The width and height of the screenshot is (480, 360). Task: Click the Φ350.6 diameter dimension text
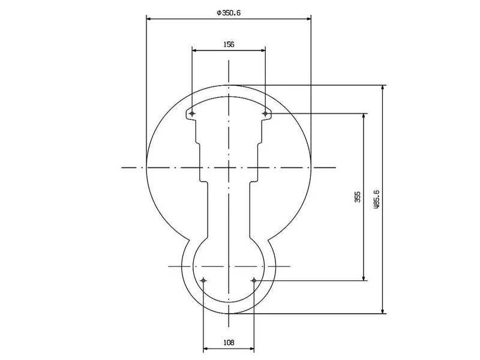[x=229, y=12]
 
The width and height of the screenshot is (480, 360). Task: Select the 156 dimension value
[x=229, y=44]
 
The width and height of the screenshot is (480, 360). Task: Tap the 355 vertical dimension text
[x=357, y=196]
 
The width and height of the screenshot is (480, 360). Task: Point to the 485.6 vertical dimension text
[x=376, y=199]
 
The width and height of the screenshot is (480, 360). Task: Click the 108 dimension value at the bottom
[x=229, y=343]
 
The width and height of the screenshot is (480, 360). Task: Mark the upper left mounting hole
[x=192, y=113]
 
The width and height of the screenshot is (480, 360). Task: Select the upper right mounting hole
[x=265, y=113]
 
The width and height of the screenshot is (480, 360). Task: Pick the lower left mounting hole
[x=203, y=280]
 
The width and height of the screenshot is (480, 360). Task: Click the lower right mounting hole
[x=254, y=280]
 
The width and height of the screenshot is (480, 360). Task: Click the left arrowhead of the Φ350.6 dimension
[x=149, y=18]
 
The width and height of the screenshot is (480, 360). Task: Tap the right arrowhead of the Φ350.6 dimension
[x=308, y=18]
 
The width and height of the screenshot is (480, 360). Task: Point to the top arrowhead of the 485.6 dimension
[x=383, y=88]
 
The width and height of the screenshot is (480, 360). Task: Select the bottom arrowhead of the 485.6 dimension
[x=383, y=310]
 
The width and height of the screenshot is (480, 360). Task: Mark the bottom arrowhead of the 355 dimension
[x=364, y=277]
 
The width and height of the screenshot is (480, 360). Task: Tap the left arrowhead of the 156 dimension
[x=195, y=50]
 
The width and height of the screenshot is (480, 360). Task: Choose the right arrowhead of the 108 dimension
[x=251, y=348]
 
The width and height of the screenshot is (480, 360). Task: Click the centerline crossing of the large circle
[x=229, y=167]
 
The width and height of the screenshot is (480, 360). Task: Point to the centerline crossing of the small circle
[x=229, y=266]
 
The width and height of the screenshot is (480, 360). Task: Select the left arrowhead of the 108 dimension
[x=206, y=348]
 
